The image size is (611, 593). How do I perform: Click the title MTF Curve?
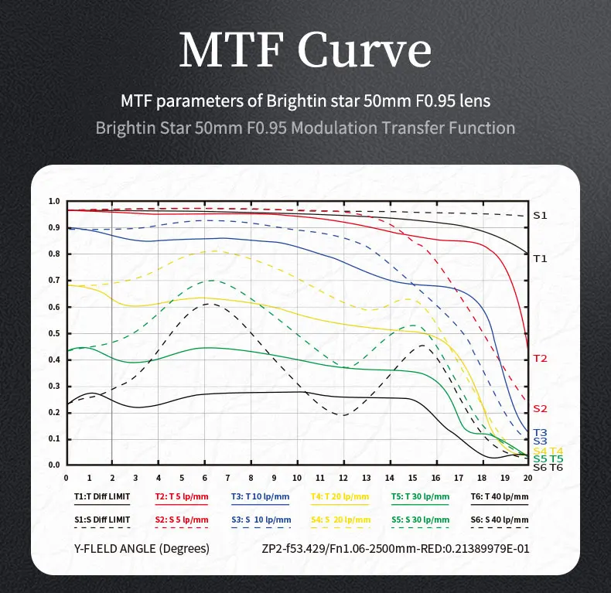[305, 51]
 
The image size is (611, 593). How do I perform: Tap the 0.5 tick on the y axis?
[54, 334]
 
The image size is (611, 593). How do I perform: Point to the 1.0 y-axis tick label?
[54, 202]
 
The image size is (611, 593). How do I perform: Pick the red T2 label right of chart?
[540, 359]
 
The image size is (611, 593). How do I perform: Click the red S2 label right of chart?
[540, 408]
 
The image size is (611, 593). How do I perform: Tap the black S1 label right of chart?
[540, 216]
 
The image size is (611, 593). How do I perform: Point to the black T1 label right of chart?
[540, 258]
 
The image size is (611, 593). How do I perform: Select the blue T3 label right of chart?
[540, 432]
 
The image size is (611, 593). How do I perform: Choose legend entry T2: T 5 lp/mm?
[183, 496]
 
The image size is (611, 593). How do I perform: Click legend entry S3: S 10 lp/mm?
[261, 519]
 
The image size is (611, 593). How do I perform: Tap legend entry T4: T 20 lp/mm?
[340, 496]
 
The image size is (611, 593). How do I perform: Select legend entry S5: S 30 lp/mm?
[420, 519]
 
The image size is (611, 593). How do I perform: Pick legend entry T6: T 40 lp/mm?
[499, 496]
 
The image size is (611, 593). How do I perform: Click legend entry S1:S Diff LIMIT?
[104, 519]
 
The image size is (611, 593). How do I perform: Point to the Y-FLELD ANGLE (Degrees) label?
[142, 550]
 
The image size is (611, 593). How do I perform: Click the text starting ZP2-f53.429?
[397, 550]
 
